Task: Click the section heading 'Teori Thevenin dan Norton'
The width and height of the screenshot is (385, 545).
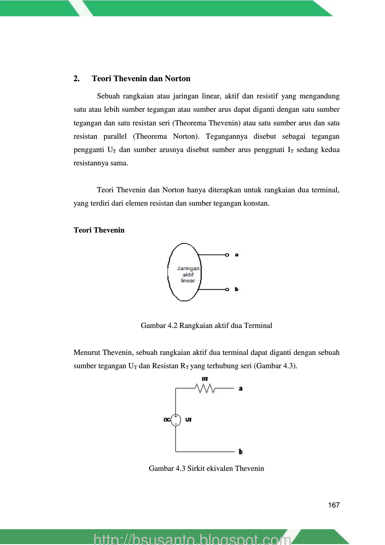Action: [141, 79]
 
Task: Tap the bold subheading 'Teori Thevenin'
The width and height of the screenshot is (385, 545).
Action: [99, 230]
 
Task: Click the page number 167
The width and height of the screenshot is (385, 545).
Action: [334, 505]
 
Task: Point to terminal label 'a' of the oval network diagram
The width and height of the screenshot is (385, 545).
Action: [237, 255]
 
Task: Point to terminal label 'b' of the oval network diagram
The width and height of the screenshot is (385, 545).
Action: [237, 289]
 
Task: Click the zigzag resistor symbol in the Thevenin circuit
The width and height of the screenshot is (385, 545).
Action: [206, 388]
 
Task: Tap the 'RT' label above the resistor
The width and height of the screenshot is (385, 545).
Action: [205, 379]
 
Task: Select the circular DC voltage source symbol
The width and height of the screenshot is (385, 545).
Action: [176, 420]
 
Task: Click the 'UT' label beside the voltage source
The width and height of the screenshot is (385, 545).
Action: [189, 420]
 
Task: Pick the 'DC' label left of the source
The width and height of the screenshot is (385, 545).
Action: [167, 420]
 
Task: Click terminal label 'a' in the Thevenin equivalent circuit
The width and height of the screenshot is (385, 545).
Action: [241, 388]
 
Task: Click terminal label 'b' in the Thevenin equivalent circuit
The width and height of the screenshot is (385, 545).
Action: [241, 452]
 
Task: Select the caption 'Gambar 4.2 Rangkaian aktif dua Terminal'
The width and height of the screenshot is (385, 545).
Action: [206, 325]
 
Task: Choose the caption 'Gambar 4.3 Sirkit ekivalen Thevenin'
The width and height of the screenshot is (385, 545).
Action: [206, 468]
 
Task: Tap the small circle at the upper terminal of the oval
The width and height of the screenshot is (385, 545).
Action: [227, 255]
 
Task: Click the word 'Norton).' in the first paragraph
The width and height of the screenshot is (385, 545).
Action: [186, 137]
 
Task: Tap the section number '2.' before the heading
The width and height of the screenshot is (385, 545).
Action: [77, 79]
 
